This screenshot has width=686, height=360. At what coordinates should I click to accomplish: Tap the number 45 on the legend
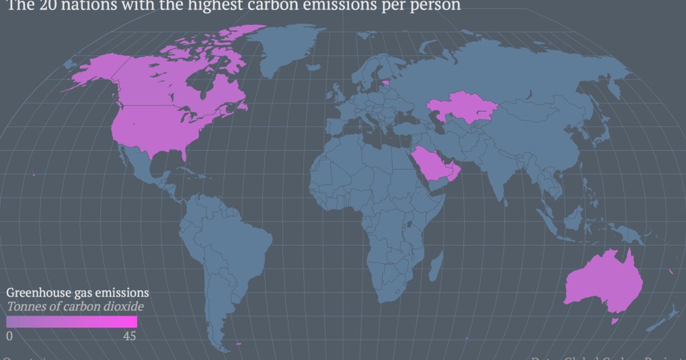129,336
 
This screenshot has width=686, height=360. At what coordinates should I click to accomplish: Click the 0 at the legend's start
10,336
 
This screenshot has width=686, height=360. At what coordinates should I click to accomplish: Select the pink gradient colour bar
71,321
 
